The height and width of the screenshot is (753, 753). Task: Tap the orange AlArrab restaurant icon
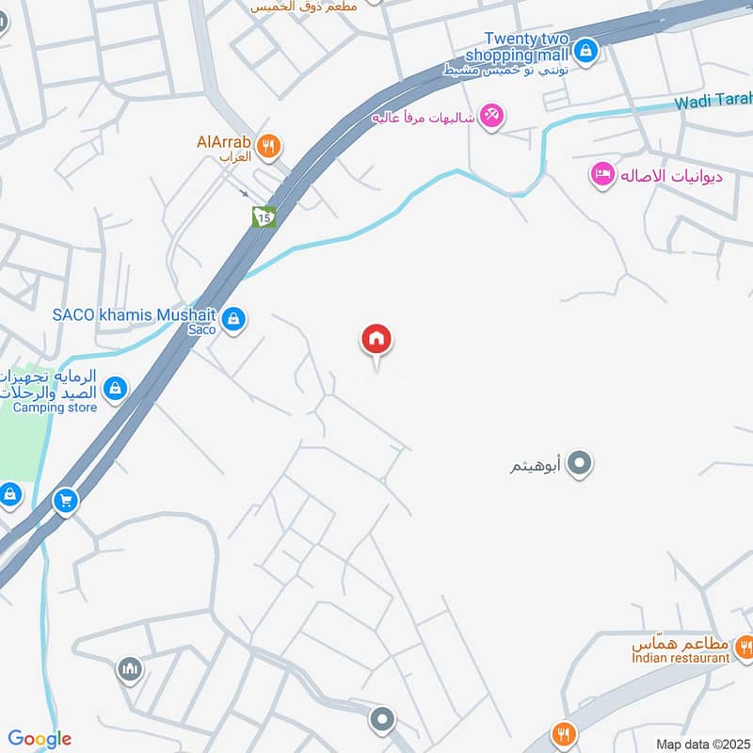pos(269,145)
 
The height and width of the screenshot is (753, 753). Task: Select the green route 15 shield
pos(264,216)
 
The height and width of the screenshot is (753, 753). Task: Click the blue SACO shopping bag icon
pos(234,320)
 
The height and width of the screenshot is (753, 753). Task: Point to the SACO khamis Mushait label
pos(135,314)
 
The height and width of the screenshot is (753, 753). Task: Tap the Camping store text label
pos(55,408)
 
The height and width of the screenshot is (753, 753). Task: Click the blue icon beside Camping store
pos(116,388)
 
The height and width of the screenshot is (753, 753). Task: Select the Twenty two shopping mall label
pos(527,46)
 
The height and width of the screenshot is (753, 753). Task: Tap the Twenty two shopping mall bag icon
pos(586,50)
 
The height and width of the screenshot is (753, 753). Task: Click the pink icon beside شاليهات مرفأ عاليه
pos(491,117)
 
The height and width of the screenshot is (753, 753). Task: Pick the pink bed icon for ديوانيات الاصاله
pos(602,174)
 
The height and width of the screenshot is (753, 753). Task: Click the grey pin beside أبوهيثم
pos(581,463)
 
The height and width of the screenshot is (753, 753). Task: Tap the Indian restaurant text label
pos(681,658)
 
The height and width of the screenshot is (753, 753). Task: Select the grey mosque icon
pos(130,670)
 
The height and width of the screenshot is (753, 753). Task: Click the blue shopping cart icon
pos(66,501)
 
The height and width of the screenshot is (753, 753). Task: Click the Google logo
pos(40,739)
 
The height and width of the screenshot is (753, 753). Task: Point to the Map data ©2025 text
pos(700,744)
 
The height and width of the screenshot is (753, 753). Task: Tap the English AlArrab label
pos(223,142)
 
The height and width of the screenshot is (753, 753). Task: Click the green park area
pos(21,442)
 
